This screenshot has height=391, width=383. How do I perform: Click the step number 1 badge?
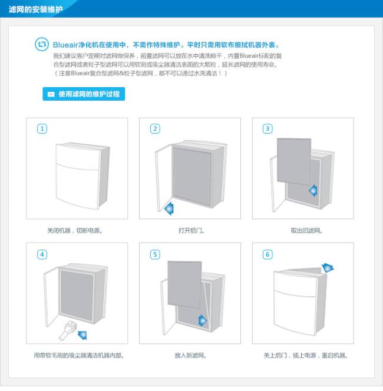click(42, 129)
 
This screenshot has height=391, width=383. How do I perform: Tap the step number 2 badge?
click(155, 129)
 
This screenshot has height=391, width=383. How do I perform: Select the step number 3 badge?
click(268, 129)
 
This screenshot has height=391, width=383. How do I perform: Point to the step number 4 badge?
click(42, 254)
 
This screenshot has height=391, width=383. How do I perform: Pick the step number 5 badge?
click(155, 254)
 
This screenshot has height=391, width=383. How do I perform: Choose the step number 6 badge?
click(268, 254)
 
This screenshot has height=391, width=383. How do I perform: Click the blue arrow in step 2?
click(170, 208)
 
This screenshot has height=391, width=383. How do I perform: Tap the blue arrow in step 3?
click(313, 191)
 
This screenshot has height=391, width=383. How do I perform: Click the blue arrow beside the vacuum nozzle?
click(82, 334)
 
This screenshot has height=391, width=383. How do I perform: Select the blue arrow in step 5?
click(203, 320)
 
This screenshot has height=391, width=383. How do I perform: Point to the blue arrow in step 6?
click(328, 268)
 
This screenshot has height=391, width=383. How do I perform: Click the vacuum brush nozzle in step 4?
click(68, 331)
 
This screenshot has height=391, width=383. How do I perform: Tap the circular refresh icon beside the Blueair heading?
click(42, 44)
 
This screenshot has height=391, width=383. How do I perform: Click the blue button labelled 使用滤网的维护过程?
click(84, 94)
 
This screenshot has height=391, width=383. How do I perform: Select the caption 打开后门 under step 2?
click(191, 231)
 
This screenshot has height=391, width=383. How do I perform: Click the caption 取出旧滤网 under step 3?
click(306, 231)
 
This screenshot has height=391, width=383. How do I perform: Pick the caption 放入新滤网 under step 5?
click(190, 355)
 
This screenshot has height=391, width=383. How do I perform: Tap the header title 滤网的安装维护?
click(36, 9)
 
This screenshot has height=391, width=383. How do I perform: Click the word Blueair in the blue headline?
click(65, 45)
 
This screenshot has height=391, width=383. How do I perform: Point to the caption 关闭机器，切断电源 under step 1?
click(75, 231)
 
